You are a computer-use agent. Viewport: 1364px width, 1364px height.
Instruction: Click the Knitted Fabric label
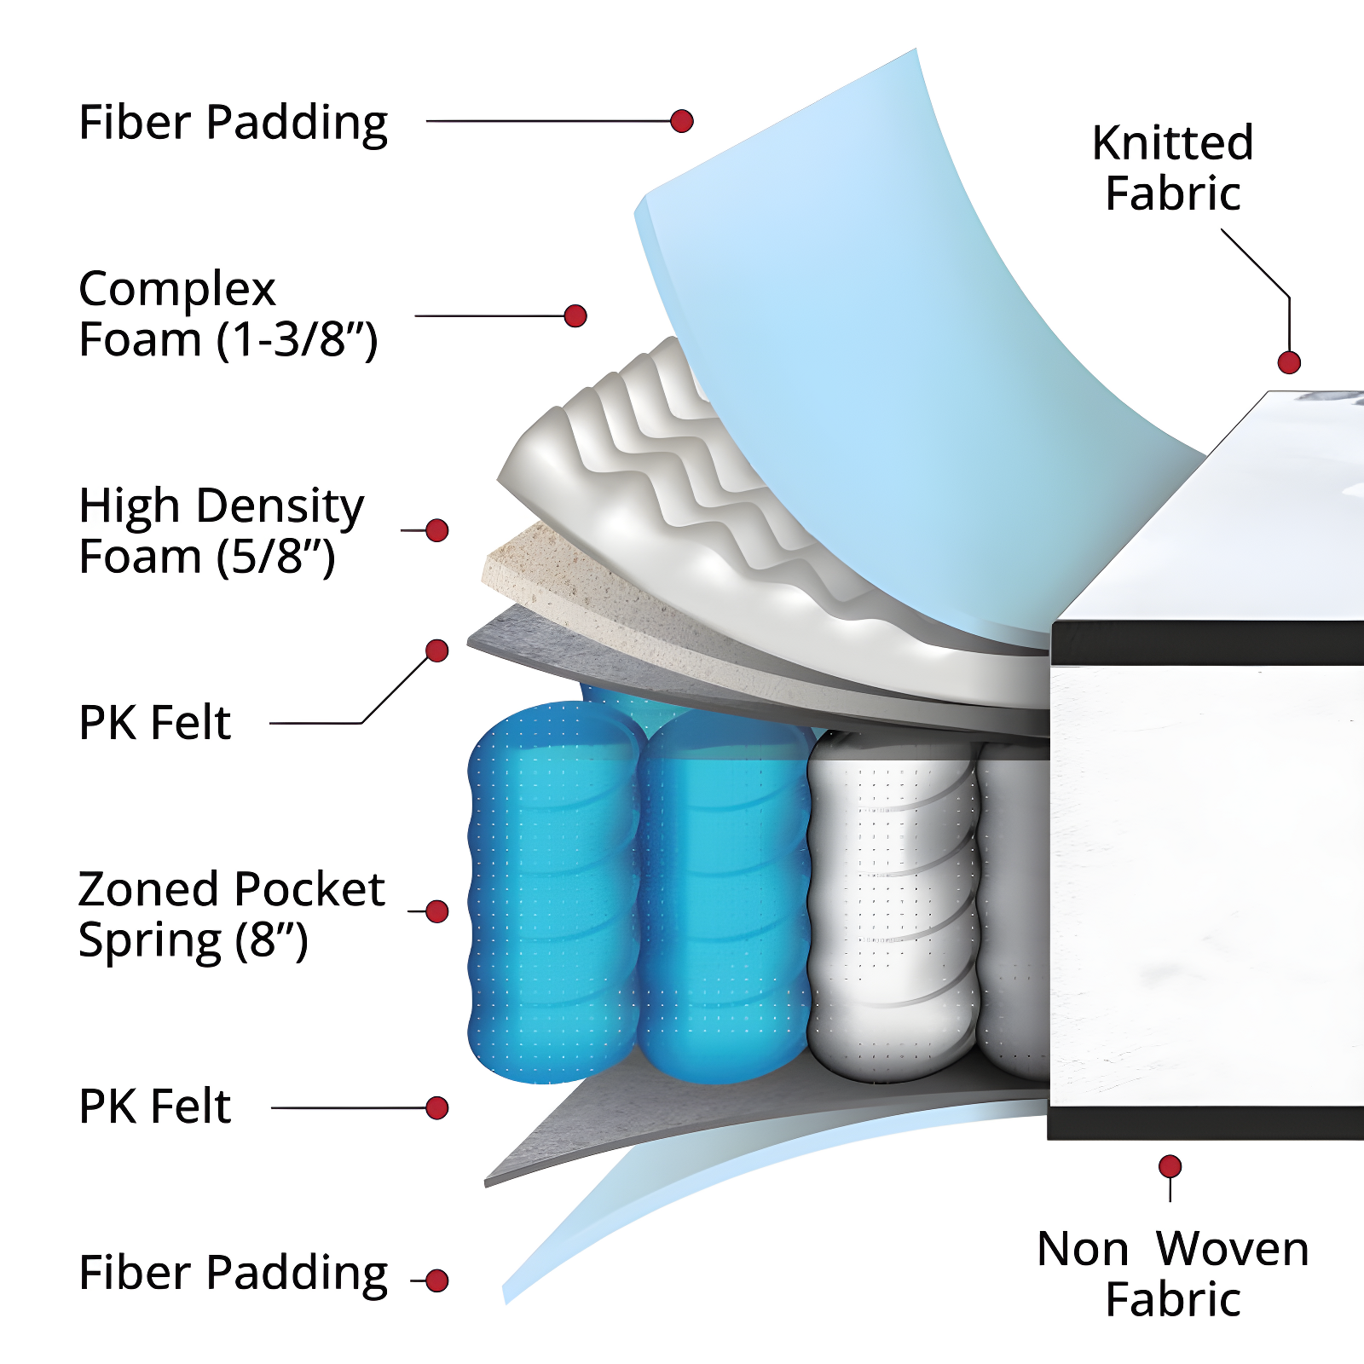pyautogui.click(x=1172, y=168)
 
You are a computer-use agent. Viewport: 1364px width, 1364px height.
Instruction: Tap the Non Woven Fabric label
pyautogui.click(x=1172, y=1274)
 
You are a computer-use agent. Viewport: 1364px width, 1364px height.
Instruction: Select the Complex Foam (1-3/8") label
pyautogui.click(x=228, y=314)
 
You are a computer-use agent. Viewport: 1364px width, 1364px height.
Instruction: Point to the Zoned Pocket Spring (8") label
pyautogui.click(x=231, y=914)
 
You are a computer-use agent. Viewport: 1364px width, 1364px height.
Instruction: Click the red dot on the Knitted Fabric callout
pyautogui.click(x=1289, y=362)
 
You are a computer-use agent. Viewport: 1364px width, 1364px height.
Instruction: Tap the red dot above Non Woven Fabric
pyautogui.click(x=1170, y=1166)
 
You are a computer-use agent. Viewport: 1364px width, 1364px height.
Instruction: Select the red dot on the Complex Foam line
pyautogui.click(x=575, y=316)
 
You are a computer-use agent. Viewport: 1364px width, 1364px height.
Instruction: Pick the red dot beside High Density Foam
pyautogui.click(x=437, y=530)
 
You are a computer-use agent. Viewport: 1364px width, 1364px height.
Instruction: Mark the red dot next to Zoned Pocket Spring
pyautogui.click(x=437, y=911)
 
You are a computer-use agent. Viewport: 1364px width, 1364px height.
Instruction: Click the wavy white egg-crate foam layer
pyautogui.click(x=648, y=477)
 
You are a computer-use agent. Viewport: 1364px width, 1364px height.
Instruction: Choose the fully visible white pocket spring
pyautogui.click(x=891, y=904)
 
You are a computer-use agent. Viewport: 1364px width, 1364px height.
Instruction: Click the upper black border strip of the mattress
pyautogui.click(x=1206, y=642)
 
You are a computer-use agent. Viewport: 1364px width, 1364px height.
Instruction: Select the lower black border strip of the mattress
pyautogui.click(x=1206, y=1122)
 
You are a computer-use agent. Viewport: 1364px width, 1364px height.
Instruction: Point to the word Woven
pyautogui.click(x=1232, y=1250)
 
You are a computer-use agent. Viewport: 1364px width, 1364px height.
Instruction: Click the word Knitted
pyautogui.click(x=1172, y=142)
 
